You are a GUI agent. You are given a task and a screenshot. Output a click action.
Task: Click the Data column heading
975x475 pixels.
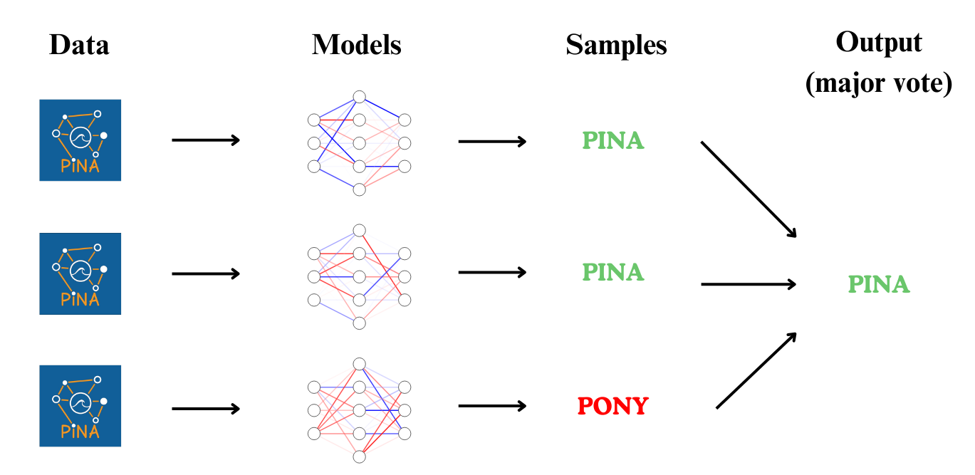pos(79,46)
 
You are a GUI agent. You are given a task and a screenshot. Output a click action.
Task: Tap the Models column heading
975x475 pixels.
pos(356,46)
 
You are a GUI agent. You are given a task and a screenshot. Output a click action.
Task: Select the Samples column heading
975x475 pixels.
pos(616,46)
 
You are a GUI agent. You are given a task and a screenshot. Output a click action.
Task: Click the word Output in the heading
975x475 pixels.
pos(879,43)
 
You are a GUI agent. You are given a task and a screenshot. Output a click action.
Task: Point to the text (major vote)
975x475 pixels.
pos(879,84)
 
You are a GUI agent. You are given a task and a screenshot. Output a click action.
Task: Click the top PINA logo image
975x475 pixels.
pos(80,140)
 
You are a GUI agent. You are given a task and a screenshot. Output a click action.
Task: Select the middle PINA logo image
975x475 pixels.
pos(80,273)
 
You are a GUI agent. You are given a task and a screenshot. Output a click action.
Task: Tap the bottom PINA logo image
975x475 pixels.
pos(80,406)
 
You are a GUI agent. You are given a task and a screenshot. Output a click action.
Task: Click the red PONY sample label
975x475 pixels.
pos(613,407)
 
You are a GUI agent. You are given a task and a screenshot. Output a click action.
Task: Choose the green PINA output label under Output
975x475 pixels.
pos(879,285)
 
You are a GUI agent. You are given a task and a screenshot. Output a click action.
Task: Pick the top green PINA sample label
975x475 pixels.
pos(613,140)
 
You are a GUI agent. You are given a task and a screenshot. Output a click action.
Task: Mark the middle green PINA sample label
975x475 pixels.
pos(613,272)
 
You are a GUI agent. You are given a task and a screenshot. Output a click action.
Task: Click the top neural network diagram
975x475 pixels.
pos(360,142)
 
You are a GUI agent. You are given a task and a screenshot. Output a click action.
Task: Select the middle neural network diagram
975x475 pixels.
pos(360,276)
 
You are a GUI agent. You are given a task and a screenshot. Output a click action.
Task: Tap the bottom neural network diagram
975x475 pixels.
pos(360,409)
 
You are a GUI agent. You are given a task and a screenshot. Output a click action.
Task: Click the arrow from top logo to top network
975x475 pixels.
pos(206,140)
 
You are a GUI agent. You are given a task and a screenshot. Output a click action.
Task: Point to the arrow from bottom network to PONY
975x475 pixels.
pos(492,406)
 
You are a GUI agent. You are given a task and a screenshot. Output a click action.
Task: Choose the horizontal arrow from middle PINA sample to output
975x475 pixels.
pos(749,284)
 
